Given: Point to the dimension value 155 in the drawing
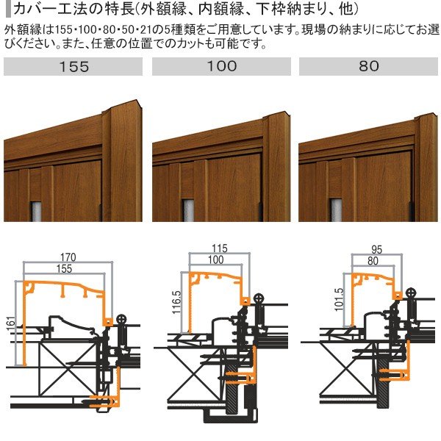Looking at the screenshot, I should coord(65,270).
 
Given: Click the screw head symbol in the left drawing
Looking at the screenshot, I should coord(121,320).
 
